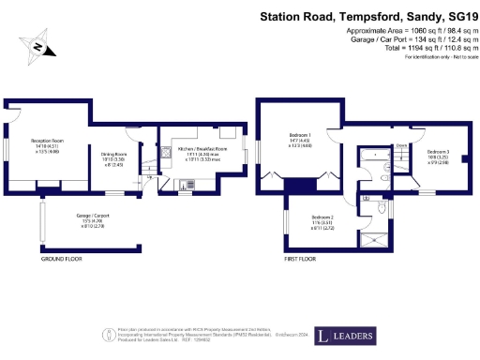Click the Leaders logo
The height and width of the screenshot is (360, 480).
348,335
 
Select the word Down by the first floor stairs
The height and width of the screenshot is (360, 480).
400,146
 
